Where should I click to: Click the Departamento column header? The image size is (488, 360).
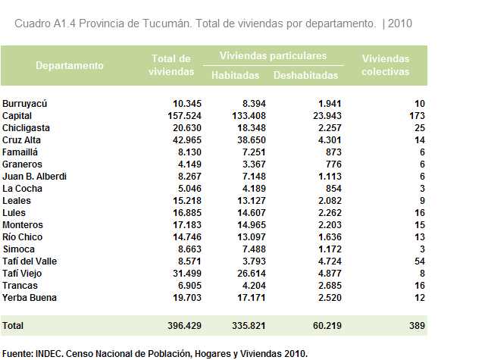[70, 65]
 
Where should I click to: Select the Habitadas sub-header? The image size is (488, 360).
[235, 75]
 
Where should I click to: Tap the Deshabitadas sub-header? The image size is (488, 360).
[305, 75]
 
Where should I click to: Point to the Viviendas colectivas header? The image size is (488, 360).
[385, 65]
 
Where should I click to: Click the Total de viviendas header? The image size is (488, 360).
[171, 65]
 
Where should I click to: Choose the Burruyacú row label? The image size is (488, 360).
[24, 104]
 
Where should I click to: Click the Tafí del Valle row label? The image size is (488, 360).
[30, 261]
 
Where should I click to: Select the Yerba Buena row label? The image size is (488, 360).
[30, 298]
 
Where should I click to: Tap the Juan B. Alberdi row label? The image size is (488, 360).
[35, 177]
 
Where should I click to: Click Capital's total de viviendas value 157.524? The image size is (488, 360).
[185, 116]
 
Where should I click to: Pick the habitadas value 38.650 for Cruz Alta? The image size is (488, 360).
[252, 140]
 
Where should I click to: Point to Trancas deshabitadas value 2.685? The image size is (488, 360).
[330, 286]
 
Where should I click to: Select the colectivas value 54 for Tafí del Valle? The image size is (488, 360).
[420, 261]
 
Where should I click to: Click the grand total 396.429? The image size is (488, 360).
[185, 326]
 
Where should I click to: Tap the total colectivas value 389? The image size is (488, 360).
[417, 326]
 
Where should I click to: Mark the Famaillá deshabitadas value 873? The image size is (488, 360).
[333, 152]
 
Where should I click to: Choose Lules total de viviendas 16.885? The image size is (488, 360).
[187, 213]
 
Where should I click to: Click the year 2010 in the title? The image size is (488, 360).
[400, 23]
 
